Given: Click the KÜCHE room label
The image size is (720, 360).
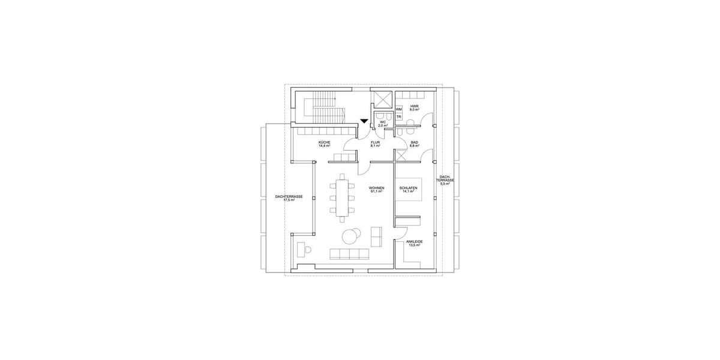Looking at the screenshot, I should [324, 142].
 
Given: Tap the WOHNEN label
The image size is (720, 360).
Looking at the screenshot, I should [377, 188].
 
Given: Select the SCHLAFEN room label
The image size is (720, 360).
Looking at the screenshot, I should [409, 188].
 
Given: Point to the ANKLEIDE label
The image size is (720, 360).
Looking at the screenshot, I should [414, 242].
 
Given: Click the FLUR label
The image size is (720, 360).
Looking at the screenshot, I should [376, 142].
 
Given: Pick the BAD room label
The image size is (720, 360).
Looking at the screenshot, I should [413, 142].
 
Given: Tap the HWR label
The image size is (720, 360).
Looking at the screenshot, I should [413, 107].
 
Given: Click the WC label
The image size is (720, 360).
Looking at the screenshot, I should [382, 121].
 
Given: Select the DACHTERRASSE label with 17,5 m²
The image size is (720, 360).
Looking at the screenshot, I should [289, 196].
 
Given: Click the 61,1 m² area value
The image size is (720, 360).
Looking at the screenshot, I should [377, 192].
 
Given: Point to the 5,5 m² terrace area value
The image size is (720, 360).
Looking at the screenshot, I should [445, 184].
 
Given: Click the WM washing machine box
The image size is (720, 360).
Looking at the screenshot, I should [398, 109].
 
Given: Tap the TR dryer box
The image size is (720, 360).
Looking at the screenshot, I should [398, 116].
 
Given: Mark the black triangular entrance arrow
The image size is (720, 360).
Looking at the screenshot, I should [364, 121].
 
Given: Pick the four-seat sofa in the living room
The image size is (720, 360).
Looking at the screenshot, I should [347, 254].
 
